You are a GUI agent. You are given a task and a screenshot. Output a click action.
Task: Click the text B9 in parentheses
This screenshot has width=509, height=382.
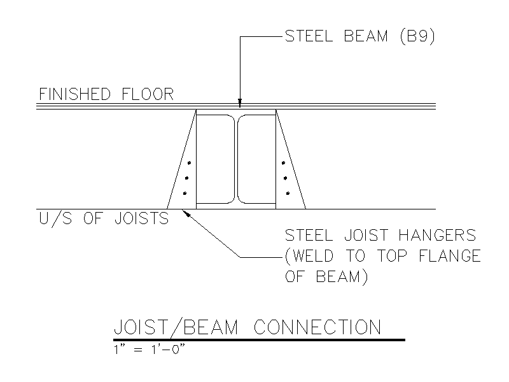[417, 36]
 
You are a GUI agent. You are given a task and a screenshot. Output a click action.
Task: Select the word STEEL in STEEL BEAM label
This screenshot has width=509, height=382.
[309, 36]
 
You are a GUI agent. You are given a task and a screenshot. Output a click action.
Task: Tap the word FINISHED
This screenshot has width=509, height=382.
[74, 94]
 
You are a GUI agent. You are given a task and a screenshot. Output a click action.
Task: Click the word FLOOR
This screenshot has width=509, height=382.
[148, 94]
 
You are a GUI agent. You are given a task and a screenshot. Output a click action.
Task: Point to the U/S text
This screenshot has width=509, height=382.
[55, 218]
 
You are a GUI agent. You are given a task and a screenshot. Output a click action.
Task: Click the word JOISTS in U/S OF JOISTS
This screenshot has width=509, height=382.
[141, 218]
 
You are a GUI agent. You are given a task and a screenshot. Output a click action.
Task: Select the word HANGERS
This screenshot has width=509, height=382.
[437, 235]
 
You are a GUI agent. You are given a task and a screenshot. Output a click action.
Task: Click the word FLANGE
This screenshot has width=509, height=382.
[450, 256]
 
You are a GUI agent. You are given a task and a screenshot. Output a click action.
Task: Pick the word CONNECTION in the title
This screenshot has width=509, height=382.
[317, 327]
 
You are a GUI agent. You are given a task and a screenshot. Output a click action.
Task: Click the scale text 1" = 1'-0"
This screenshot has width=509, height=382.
[150, 350]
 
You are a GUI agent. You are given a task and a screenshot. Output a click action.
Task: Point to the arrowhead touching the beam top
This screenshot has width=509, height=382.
[240, 103]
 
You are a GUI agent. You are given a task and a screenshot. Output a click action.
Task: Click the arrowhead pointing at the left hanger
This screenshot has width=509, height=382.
[186, 213]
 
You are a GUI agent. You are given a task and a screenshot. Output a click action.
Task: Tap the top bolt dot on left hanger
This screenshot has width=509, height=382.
[189, 163]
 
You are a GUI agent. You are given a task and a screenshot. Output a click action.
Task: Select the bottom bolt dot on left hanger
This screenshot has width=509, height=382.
[185, 194]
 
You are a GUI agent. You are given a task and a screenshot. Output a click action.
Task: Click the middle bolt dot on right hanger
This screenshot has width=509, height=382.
[285, 178]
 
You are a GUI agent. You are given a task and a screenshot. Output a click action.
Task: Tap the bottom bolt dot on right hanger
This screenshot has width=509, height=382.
[288, 194]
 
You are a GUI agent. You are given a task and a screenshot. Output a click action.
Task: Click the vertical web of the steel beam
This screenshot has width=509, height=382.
[236, 159]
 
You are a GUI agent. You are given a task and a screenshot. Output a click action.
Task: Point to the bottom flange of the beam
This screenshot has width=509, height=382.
[236, 206]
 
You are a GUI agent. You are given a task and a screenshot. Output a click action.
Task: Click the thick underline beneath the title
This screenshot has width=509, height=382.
[259, 340]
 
